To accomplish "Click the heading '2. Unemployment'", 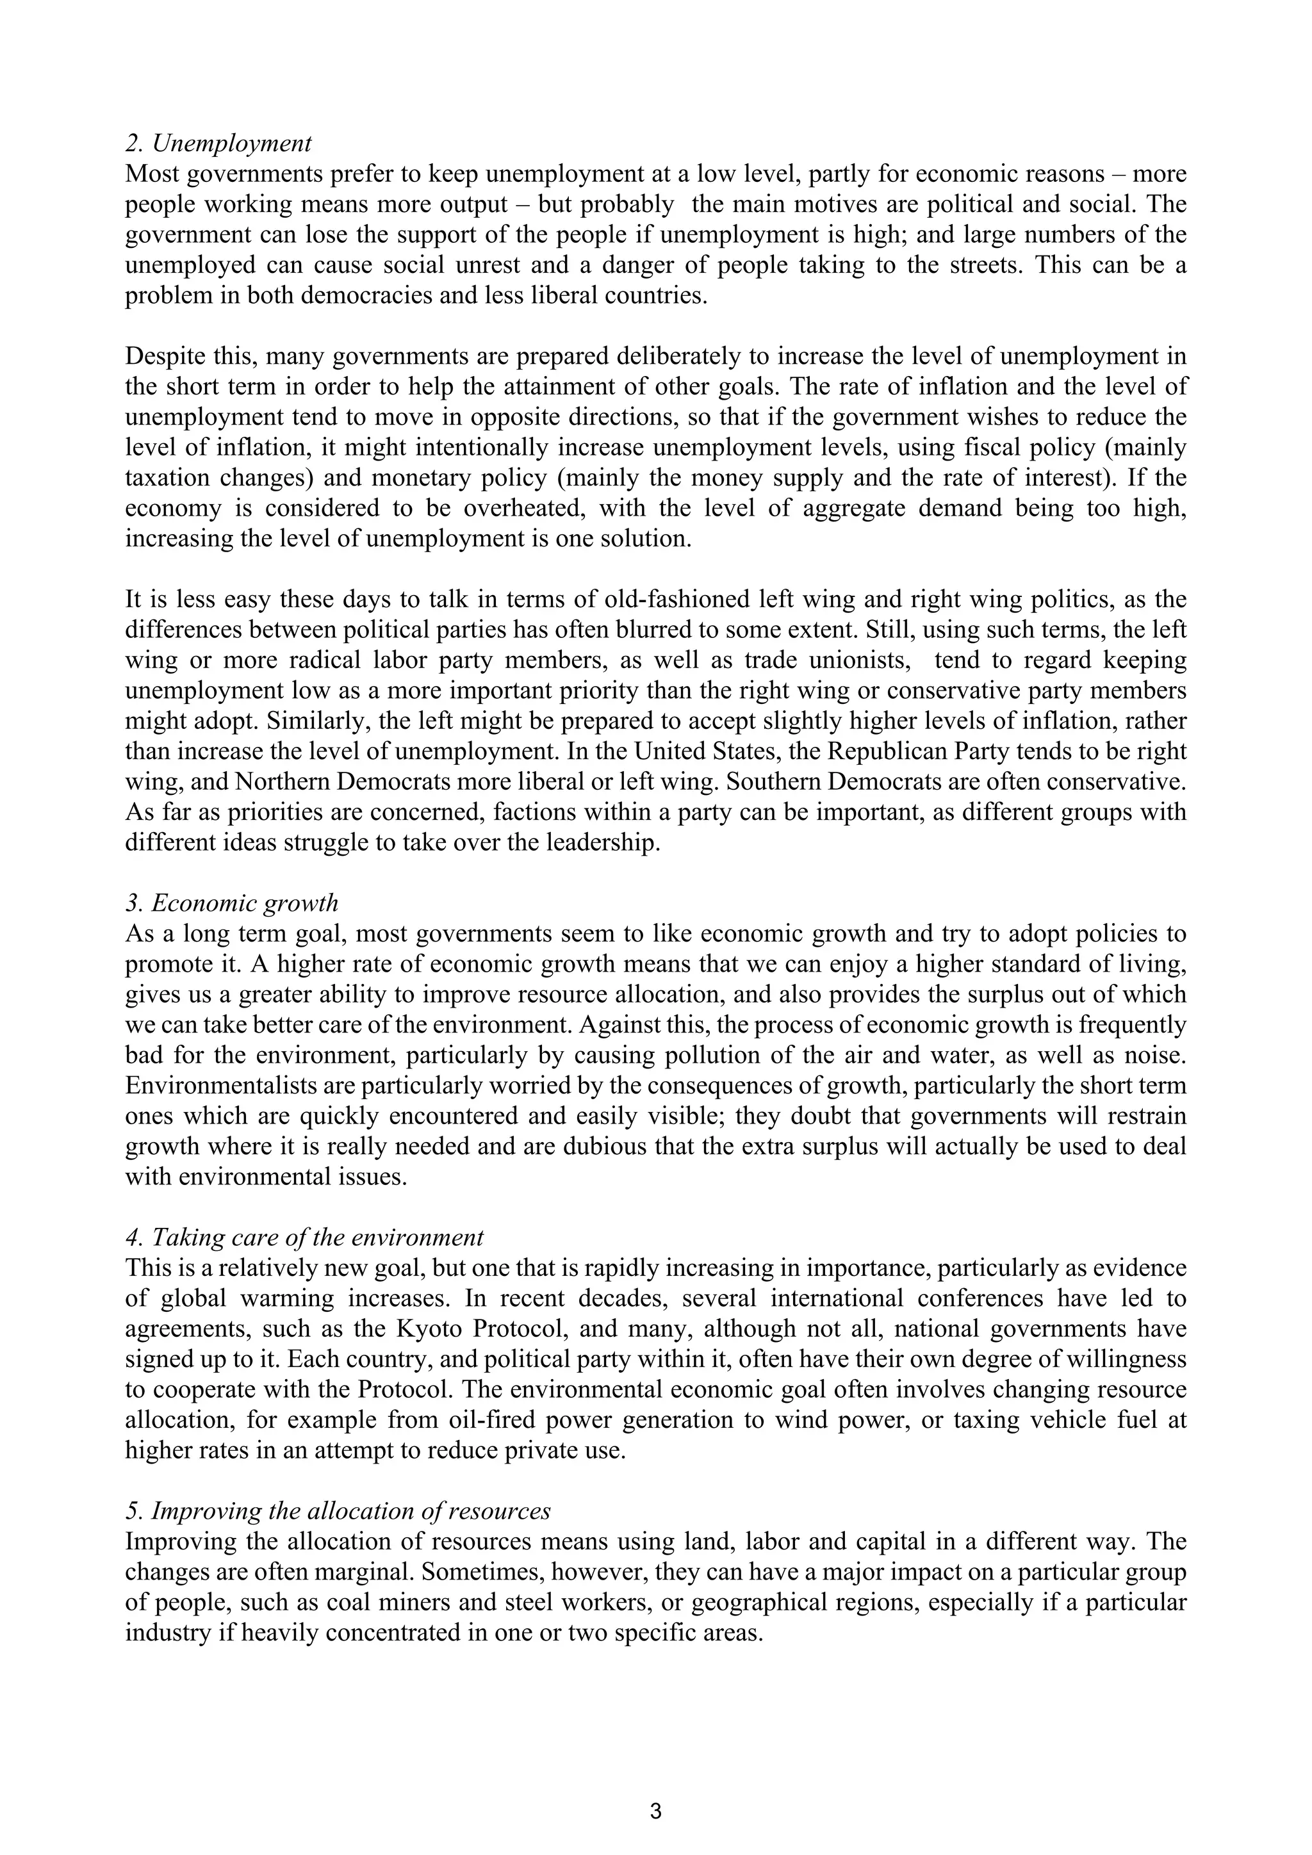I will click(x=218, y=144).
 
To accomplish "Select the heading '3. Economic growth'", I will click(x=232, y=903).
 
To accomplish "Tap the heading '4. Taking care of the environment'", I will click(x=304, y=1237).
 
